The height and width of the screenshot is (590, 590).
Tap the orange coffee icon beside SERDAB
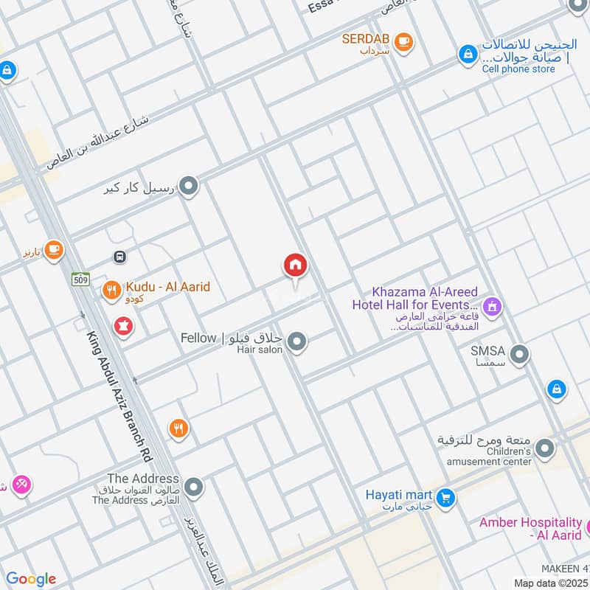coord(403,41)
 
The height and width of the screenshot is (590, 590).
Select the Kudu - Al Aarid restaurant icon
coord(111,291)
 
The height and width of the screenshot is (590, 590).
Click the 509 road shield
coord(80,279)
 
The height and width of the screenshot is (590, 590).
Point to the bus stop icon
coord(118,257)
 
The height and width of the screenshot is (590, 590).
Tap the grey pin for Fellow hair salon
coord(297,341)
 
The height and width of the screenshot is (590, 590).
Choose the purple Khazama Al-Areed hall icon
coord(492,305)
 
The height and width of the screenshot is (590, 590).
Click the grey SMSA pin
coord(520,355)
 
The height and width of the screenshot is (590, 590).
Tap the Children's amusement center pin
coord(545,448)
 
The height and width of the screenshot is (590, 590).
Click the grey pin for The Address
coord(193,487)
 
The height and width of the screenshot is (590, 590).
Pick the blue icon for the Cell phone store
coord(467,54)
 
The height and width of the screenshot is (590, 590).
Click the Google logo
coord(30,579)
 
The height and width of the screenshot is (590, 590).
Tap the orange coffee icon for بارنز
coord(53,250)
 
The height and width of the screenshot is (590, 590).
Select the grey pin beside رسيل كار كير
coord(190,187)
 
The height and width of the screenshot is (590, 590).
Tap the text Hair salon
coord(260,350)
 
